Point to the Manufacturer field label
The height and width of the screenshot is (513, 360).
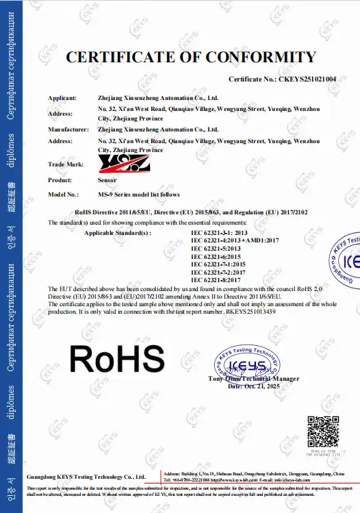(x=68, y=129)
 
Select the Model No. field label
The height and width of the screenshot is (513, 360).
(x=66, y=195)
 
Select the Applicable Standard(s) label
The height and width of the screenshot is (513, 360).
(x=116, y=233)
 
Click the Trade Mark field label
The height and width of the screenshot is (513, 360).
(x=66, y=164)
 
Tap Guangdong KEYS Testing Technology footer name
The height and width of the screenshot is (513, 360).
(x=86, y=476)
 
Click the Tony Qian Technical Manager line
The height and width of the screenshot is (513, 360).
(x=253, y=379)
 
